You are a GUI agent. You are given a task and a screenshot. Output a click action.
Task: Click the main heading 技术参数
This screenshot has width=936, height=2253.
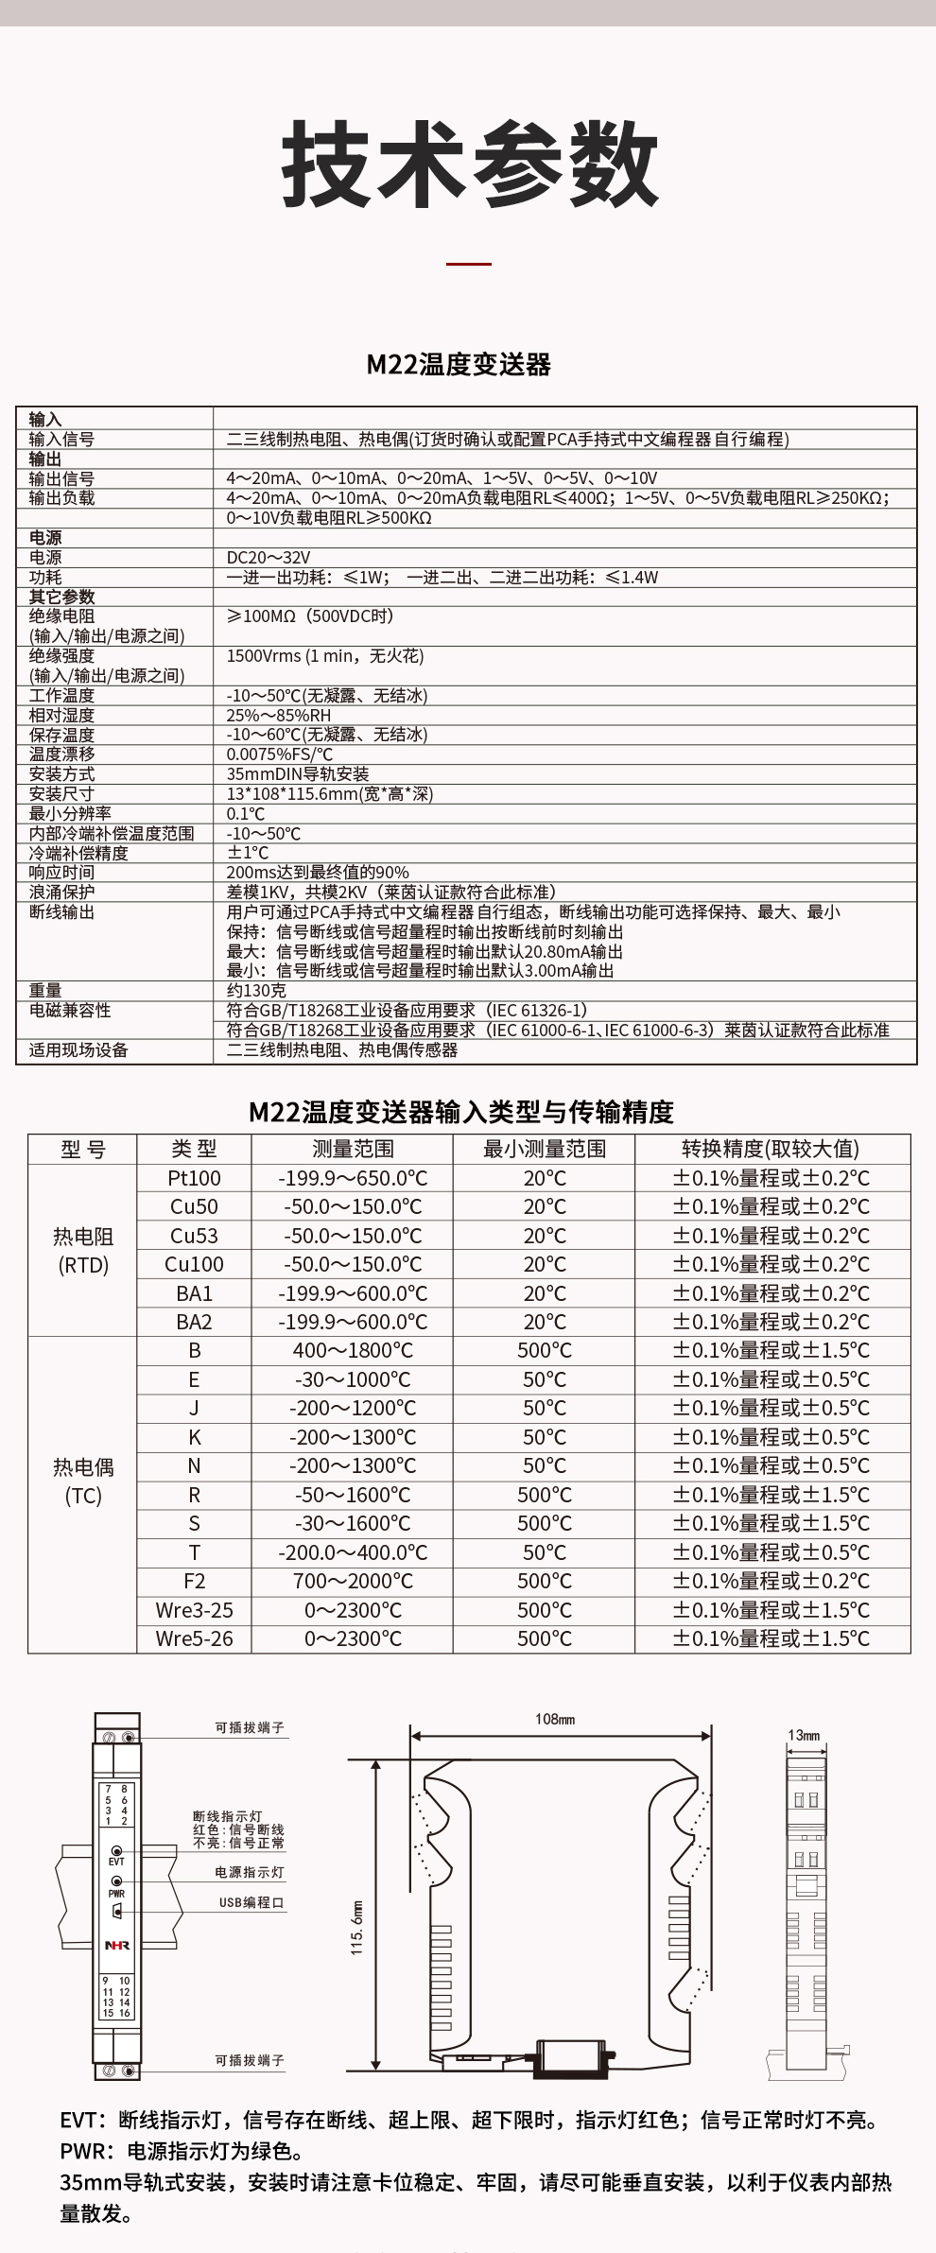469,165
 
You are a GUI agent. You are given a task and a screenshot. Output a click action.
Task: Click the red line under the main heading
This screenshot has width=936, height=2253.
468,264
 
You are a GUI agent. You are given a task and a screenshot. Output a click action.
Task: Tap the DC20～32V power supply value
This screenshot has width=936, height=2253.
268,558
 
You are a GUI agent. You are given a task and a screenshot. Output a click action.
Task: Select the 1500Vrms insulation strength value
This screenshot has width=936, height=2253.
324,656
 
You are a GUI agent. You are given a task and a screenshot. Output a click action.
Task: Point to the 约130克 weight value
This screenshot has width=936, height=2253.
255,991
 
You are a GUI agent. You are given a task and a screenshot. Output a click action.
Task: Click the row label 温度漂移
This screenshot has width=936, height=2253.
61,754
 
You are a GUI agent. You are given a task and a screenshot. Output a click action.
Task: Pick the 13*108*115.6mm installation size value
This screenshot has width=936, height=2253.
329,794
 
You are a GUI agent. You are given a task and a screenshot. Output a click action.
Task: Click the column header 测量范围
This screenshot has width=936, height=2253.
353,1149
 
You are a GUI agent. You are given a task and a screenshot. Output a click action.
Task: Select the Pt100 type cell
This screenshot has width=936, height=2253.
194,1178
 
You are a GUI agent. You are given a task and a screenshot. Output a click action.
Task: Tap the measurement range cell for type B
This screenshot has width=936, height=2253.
353,1351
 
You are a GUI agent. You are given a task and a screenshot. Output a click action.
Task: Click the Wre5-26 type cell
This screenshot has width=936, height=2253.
194,1638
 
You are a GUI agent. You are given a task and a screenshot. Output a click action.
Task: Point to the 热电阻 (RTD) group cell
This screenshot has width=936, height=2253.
83,1250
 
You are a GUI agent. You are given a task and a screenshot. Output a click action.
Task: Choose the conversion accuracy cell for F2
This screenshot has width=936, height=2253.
771,1581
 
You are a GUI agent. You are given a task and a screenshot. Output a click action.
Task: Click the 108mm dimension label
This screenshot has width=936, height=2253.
555,1719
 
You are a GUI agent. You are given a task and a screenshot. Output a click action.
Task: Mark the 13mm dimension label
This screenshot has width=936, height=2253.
804,1735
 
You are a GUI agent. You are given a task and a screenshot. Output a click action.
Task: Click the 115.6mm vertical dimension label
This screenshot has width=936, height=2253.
356,1928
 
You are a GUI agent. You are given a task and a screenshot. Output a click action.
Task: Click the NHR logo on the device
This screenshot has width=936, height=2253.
117,1946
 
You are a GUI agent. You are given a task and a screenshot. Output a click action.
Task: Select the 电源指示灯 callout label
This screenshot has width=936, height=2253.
250,1872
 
